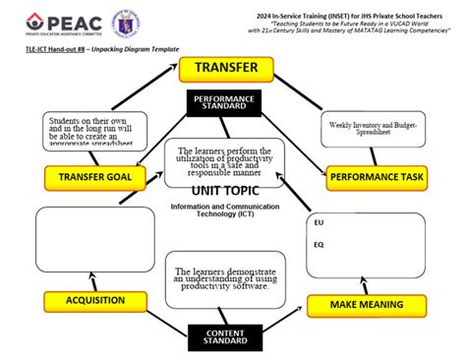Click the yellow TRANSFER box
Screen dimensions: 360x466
pyautogui.click(x=226, y=69)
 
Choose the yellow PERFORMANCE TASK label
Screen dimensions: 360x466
pyautogui.click(x=377, y=178)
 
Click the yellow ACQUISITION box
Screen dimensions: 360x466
pyautogui.click(x=94, y=299)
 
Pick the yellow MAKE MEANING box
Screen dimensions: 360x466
pyautogui.click(x=366, y=305)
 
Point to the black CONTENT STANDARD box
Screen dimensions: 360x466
pyautogui.click(x=227, y=337)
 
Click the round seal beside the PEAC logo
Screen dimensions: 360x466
pyautogui.click(x=128, y=22)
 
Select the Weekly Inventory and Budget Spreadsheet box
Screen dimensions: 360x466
pyautogui.click(x=374, y=129)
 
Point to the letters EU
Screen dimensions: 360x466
pyautogui.click(x=319, y=222)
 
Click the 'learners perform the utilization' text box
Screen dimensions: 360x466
pyautogui.click(x=224, y=160)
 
